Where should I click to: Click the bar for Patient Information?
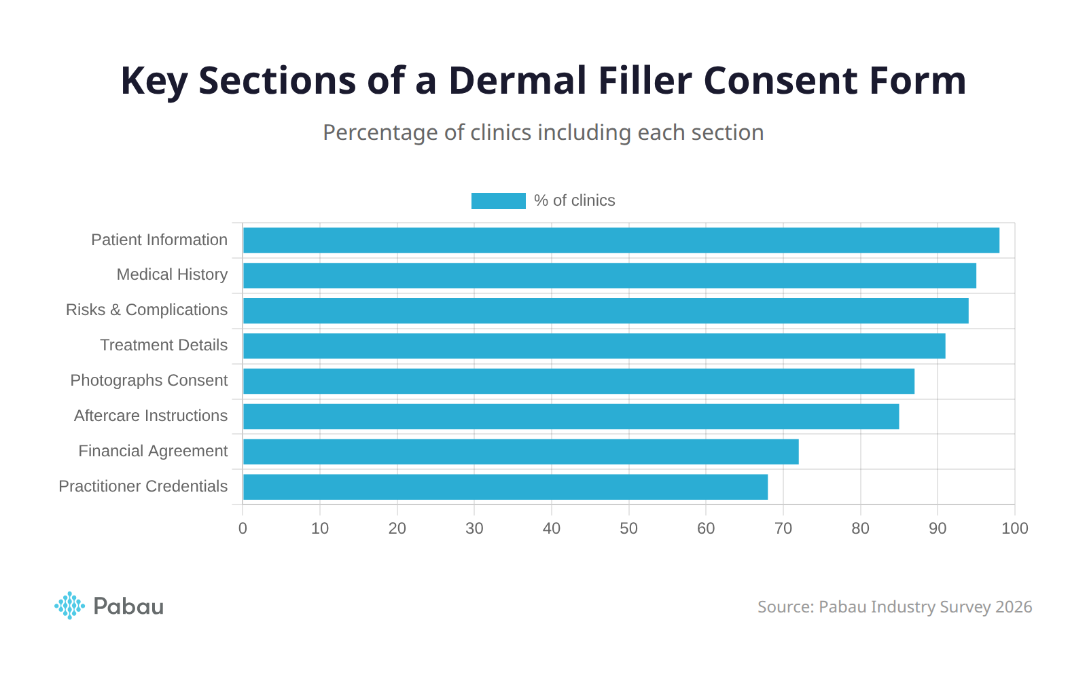pos(621,240)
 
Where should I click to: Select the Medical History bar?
pos(609,276)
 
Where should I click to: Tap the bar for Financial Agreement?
pos(520,452)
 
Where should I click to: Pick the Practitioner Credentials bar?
pos(505,487)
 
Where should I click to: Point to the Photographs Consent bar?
pos(578,381)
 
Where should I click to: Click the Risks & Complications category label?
pos(147,310)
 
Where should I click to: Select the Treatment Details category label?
pos(164,346)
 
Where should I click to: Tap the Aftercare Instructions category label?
pos(151,416)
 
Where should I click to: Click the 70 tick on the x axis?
pos(783,528)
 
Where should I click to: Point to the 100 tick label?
pos(1014,528)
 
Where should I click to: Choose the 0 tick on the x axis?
pos(243,528)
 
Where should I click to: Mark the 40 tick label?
pos(552,528)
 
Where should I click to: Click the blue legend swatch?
pos(498,201)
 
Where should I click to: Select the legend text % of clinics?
pos(574,201)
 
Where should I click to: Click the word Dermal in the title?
pos(517,81)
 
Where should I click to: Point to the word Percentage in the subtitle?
pos(380,132)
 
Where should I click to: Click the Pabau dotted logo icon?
pos(69,606)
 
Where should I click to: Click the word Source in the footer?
pos(785,607)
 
